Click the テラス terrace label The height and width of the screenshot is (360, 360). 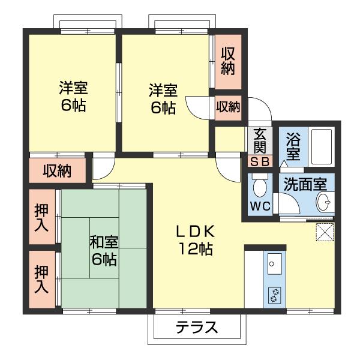196,328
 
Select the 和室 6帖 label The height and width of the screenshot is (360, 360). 104,251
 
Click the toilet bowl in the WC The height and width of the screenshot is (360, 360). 260,187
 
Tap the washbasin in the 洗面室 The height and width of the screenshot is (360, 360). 323,202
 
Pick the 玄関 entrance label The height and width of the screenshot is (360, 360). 260,140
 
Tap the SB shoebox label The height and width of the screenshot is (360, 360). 260,161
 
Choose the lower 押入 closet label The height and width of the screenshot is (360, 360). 41,279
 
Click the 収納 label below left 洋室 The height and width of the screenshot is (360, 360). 57,171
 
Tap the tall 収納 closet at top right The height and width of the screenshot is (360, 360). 227,61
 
